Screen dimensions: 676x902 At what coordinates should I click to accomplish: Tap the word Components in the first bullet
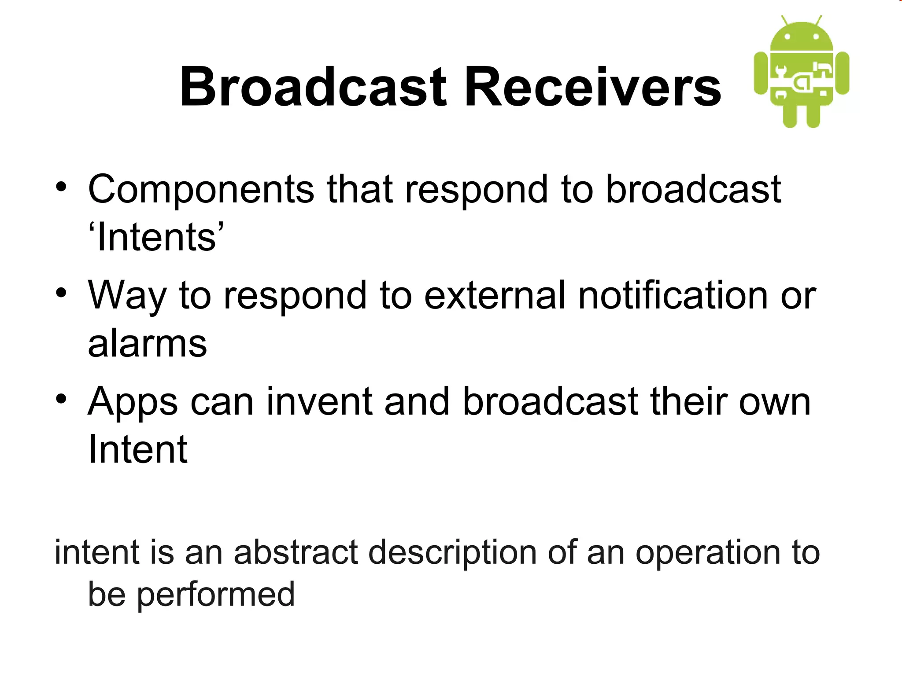201,189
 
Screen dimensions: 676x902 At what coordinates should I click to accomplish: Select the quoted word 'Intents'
156,237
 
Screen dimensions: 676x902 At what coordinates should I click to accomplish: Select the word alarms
147,344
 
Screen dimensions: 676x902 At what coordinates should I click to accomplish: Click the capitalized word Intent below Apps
137,450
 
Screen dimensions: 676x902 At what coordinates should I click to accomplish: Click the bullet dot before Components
61,188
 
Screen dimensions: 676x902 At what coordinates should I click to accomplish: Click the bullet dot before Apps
61,400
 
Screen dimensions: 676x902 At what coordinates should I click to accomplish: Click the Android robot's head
802,37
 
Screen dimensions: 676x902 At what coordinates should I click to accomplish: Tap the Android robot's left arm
762,73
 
